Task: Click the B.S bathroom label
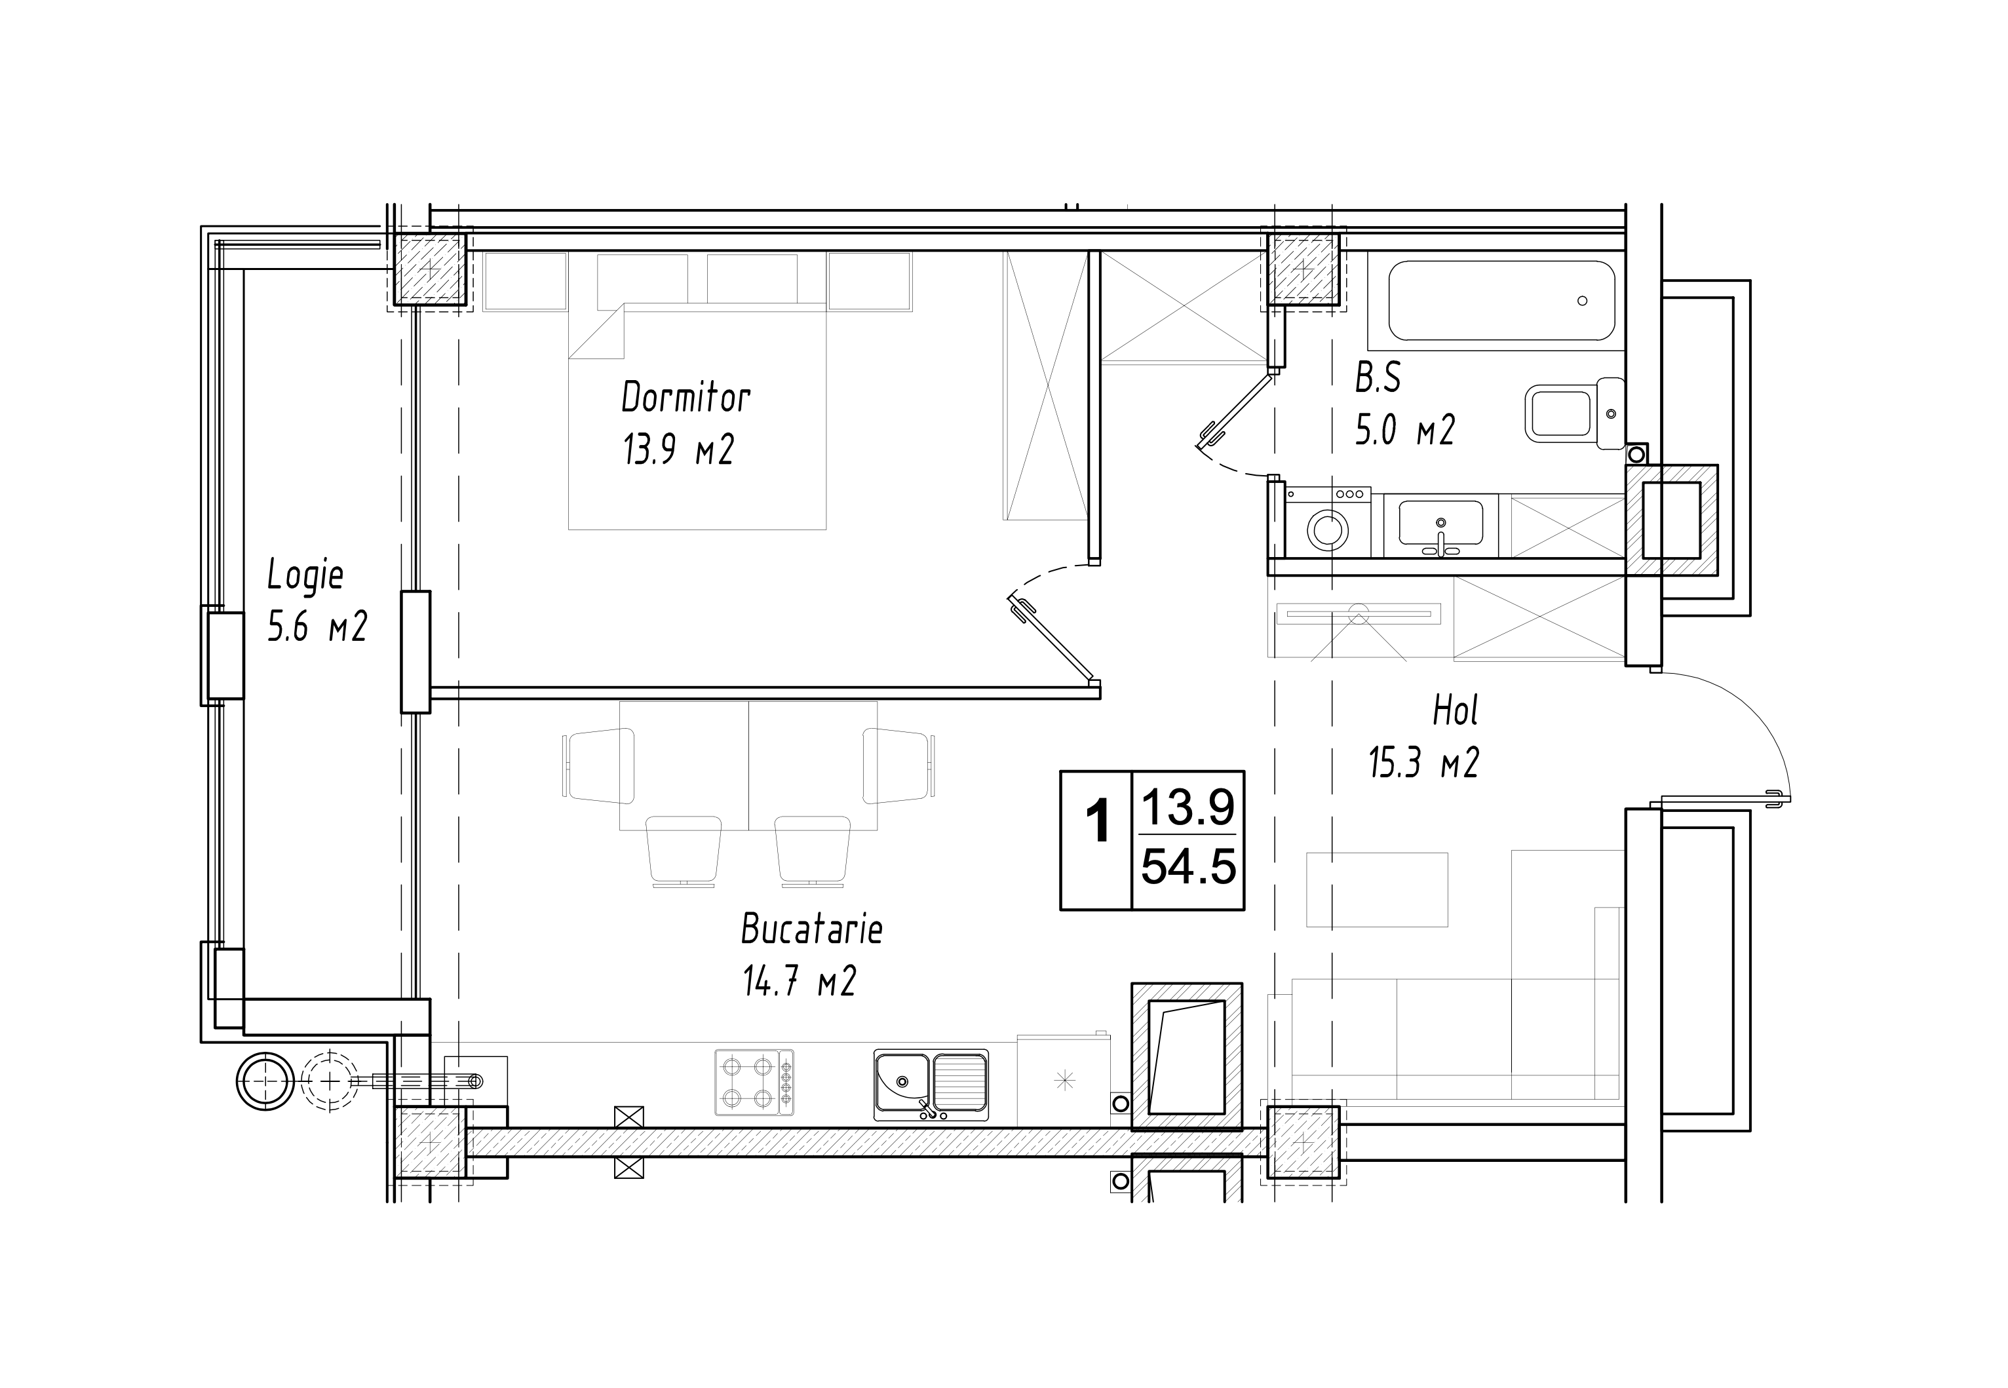click(x=1378, y=378)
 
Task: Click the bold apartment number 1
click(x=1099, y=822)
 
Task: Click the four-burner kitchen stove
click(x=754, y=1083)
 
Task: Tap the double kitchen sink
click(x=931, y=1085)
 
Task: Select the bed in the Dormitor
click(x=697, y=417)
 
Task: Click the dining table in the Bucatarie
click(x=748, y=765)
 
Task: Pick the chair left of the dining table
click(x=598, y=765)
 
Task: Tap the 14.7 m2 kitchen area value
click(x=799, y=981)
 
